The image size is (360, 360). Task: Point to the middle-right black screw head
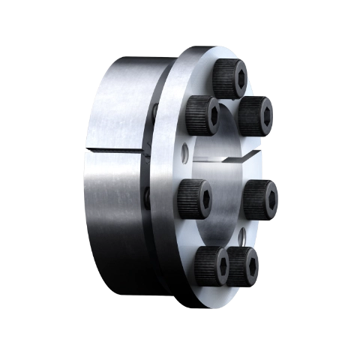(261, 198)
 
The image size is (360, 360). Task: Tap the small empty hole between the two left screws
(184, 154)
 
